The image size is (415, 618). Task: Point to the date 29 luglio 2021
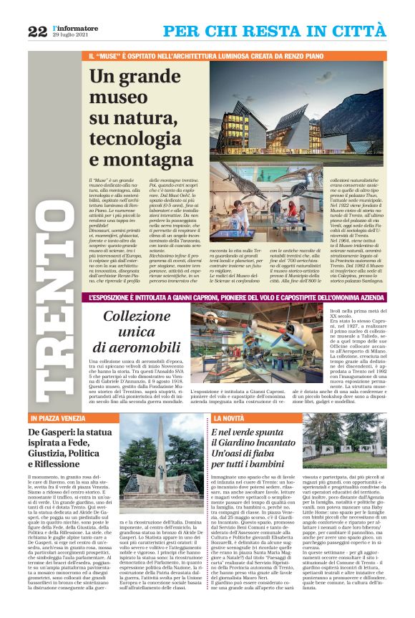pyautogui.click(x=73, y=35)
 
